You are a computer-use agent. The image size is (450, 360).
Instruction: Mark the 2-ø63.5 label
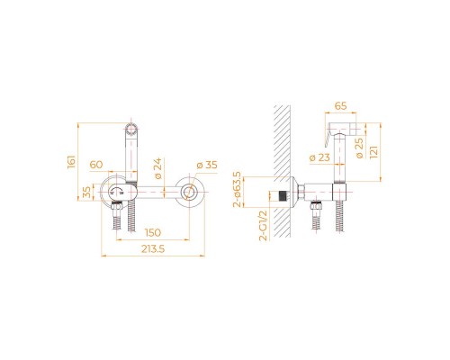237,188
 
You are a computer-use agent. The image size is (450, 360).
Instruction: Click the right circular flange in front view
191,193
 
